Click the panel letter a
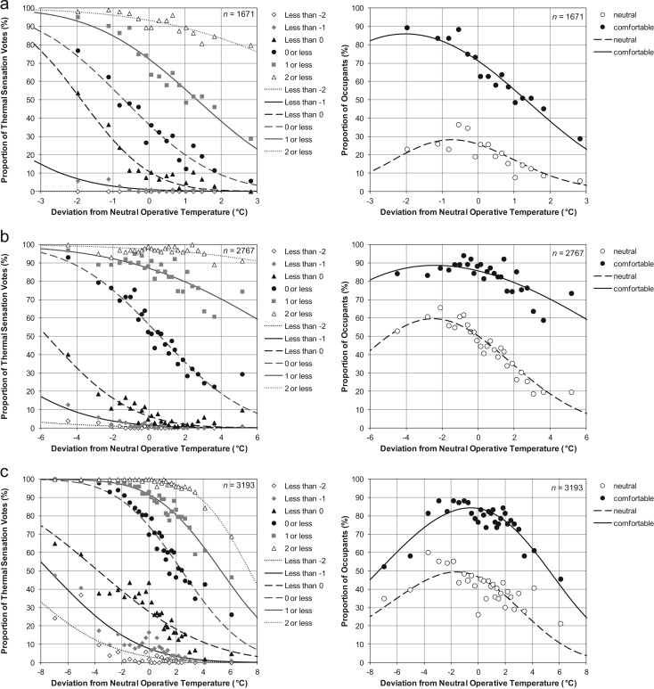coord(7,6)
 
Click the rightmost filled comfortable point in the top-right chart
coord(580,139)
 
